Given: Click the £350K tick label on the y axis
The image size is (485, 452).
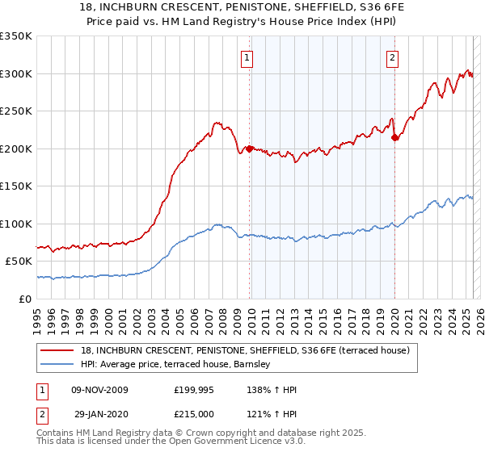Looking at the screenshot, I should (16, 36).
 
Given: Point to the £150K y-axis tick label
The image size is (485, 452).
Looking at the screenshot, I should (16, 186).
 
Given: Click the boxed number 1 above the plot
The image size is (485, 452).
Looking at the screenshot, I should (247, 57).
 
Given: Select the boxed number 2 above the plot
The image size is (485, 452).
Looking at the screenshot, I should (392, 57).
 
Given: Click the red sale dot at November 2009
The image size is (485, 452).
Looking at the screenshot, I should (249, 149).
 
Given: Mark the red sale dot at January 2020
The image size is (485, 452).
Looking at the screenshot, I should (394, 137).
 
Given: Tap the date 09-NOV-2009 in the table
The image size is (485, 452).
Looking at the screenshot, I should (100, 390).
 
